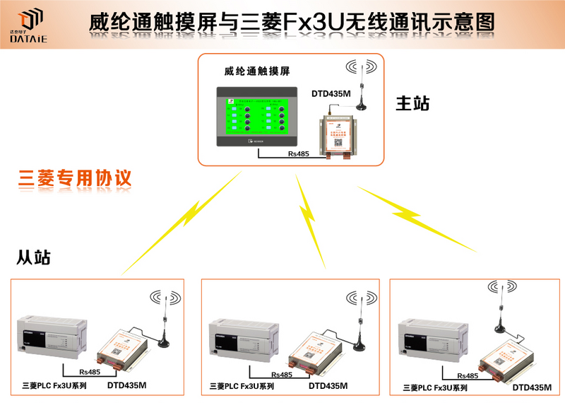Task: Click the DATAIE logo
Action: click(x=29, y=27)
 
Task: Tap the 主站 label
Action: click(x=412, y=103)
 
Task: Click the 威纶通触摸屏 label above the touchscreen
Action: click(x=257, y=71)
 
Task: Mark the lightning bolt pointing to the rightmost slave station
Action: click(x=417, y=218)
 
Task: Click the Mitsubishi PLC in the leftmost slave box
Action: click(x=52, y=336)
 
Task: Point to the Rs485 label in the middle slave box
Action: click(x=281, y=375)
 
